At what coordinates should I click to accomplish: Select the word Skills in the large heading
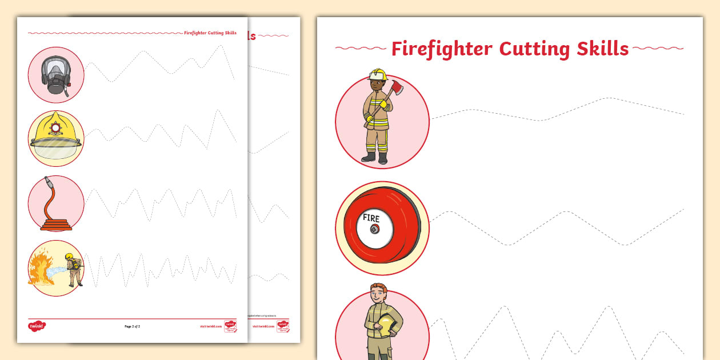[602, 49]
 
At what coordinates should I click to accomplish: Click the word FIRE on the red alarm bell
[371, 218]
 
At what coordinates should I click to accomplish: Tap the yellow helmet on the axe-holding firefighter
[378, 75]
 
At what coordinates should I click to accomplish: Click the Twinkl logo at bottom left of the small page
[36, 326]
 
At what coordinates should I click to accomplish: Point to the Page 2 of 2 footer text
[132, 326]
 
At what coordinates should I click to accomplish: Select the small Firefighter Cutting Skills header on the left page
[210, 33]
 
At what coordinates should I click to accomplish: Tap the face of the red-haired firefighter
[378, 297]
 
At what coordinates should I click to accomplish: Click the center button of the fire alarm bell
[374, 230]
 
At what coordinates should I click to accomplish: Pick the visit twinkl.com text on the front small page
[210, 326]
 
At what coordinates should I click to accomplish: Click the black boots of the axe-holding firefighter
[376, 157]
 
